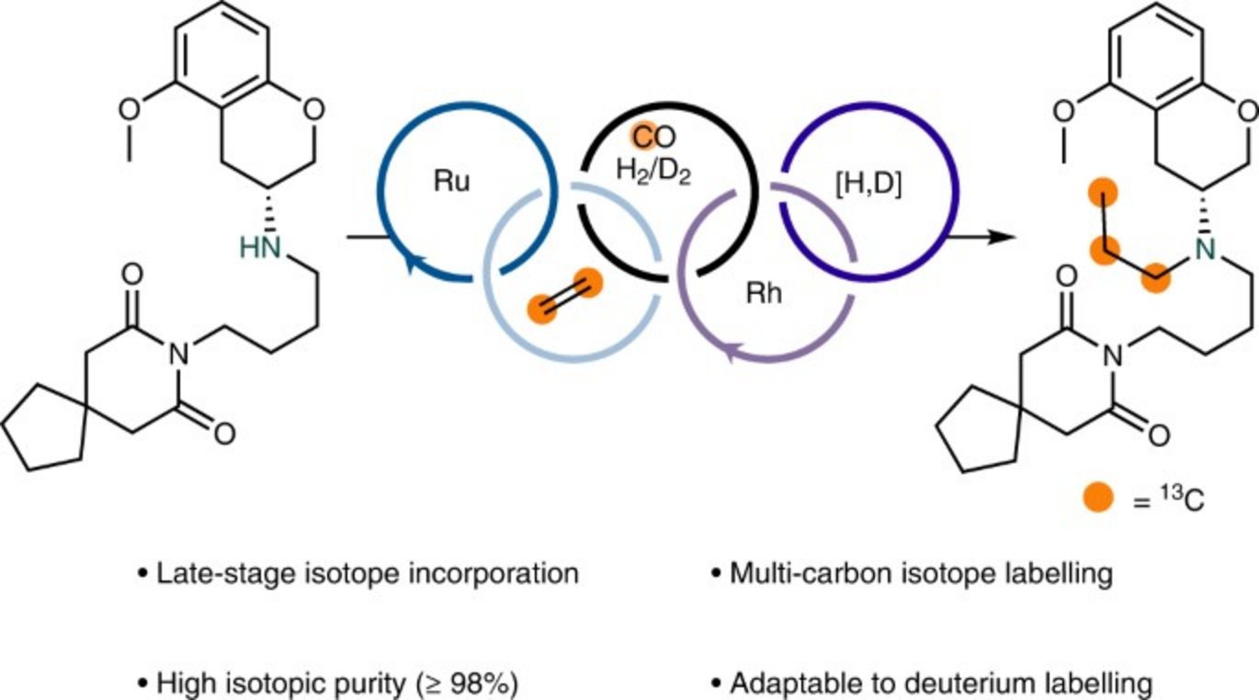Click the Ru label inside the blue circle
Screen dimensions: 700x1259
450,182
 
